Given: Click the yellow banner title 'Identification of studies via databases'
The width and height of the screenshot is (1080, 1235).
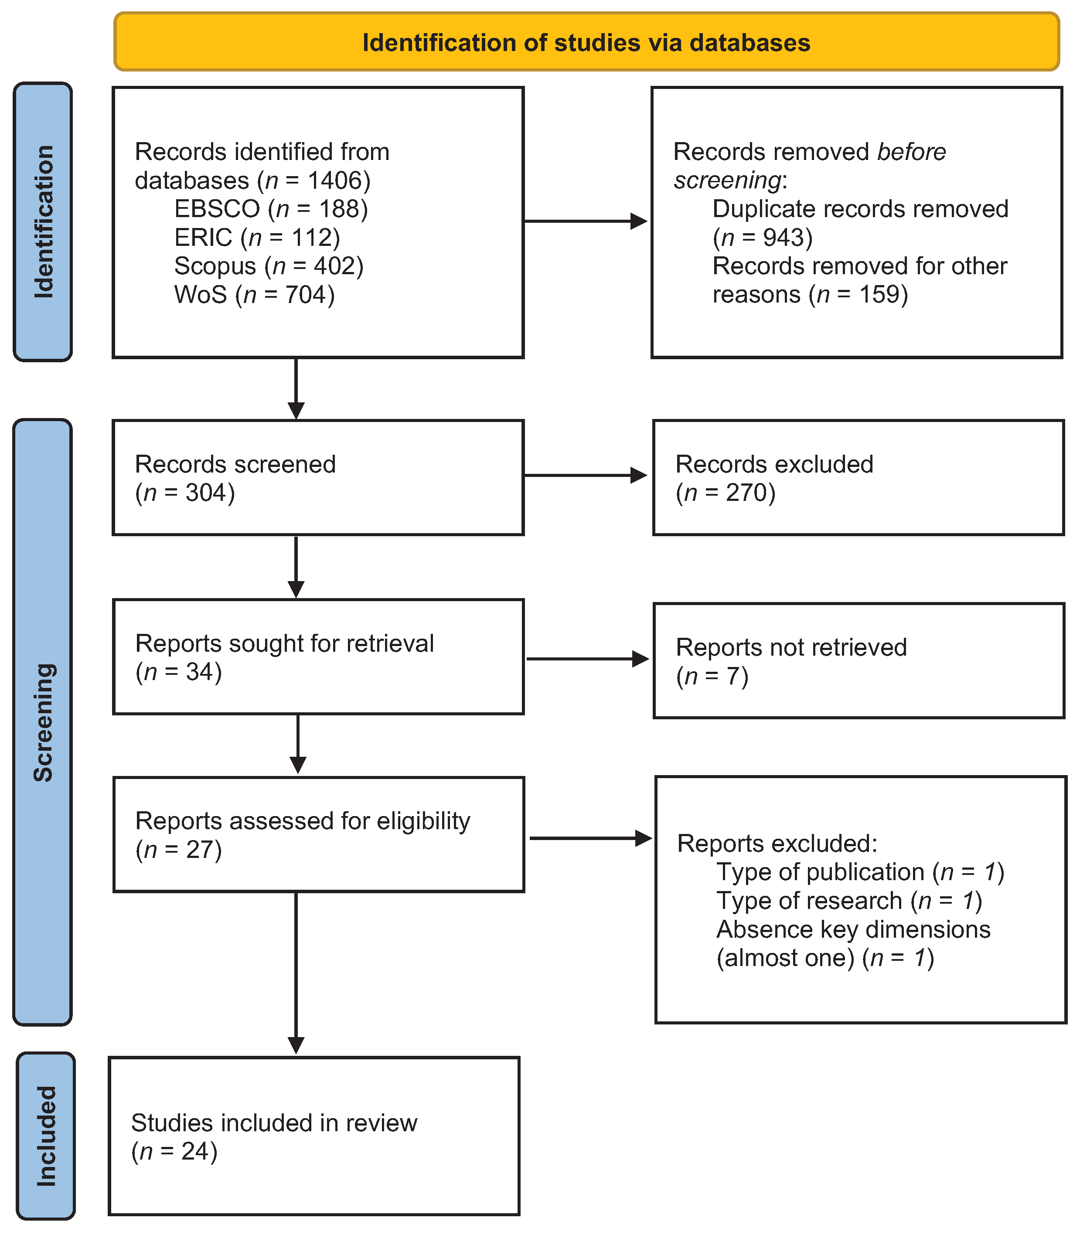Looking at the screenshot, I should (586, 43).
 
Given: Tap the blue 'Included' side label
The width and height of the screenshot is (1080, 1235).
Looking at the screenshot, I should (46, 1136).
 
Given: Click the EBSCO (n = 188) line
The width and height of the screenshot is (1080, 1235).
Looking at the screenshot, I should (271, 209).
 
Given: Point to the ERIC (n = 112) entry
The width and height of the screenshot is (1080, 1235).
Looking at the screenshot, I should (257, 237).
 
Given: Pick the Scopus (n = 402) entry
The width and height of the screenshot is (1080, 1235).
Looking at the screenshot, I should (269, 265).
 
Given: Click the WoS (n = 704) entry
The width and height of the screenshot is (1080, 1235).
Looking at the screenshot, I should (254, 295).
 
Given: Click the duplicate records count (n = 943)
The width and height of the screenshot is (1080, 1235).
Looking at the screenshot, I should (763, 237).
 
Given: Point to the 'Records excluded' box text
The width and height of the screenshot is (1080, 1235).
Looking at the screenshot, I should (774, 464).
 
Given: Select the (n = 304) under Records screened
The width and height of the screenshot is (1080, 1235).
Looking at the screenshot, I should (184, 493).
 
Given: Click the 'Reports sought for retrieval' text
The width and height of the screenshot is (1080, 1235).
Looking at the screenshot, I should (284, 643).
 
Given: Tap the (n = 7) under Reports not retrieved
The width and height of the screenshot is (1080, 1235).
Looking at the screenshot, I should (712, 676).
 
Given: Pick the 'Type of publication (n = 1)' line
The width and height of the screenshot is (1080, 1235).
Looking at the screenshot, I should (860, 872).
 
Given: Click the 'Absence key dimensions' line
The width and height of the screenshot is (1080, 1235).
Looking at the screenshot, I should (853, 929).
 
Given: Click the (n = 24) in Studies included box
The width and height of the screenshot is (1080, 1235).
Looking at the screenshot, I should (174, 1151).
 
